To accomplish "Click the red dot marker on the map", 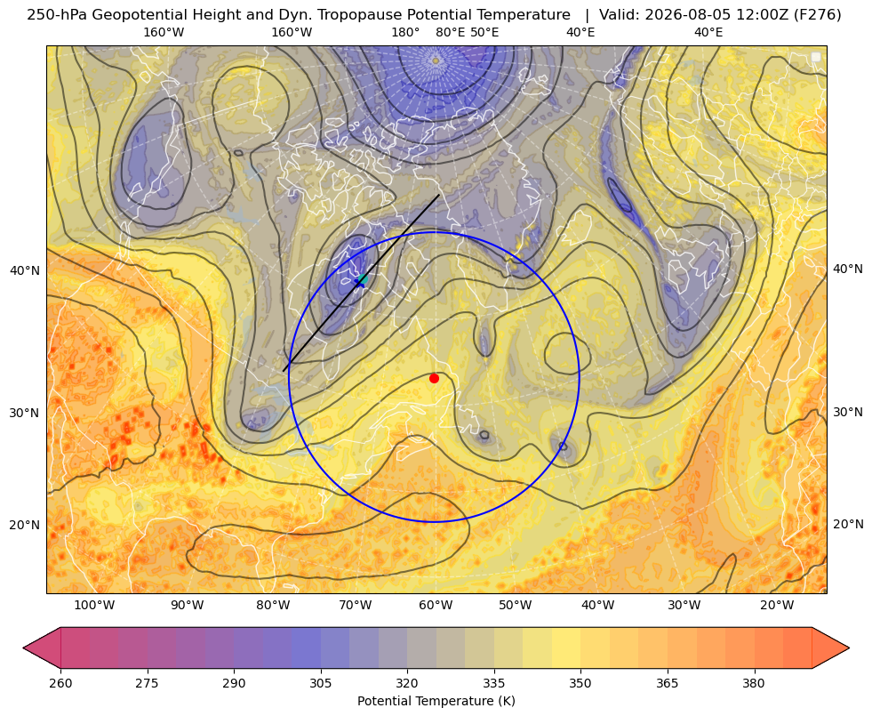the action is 434,378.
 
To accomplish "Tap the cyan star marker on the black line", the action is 362,280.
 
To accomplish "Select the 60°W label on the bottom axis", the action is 436,605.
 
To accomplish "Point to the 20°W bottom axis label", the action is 777,605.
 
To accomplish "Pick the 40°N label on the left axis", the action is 25,271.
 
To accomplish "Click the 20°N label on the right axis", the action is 848,524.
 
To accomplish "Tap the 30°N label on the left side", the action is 25,413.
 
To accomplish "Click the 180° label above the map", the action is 405,32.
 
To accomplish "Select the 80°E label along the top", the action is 450,32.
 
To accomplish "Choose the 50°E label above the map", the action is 484,32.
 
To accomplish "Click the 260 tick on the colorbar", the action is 60,683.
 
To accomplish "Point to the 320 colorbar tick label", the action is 407,683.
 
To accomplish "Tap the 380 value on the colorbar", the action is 754,683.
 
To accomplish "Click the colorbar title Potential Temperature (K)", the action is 436,700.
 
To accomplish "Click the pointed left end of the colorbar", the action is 24,648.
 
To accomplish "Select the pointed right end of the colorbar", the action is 849,648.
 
